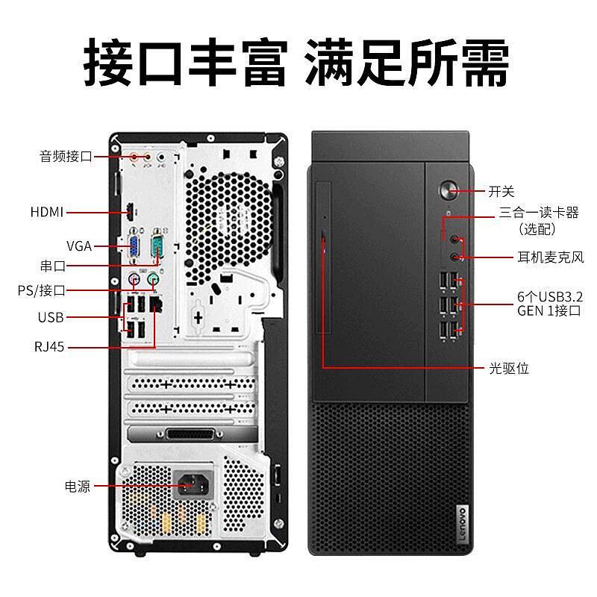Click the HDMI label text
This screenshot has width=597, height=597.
coord(46,212)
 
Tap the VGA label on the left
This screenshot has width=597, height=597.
coord(78,246)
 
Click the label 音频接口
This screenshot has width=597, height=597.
coord(66,157)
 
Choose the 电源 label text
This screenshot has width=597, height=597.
coord(77,487)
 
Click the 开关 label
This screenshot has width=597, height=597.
coord(501,192)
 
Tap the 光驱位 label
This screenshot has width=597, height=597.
coord(509,368)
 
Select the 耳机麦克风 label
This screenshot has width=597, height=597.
coord(551,257)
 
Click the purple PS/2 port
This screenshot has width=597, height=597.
coord(134,281)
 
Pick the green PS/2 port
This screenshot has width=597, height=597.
coord(153,281)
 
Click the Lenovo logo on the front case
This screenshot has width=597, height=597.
coord(460,522)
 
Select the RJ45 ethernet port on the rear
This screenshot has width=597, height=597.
coord(157,304)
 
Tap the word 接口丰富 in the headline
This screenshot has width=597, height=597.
coord(184,66)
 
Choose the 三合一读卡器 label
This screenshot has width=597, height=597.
coord(539,213)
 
